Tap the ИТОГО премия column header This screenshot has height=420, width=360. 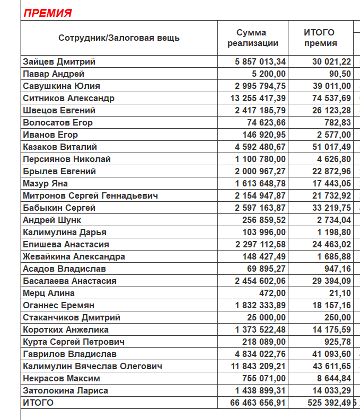(x=320, y=38)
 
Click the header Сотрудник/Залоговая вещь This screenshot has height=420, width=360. (x=119, y=38)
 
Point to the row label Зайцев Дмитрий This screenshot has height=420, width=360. (x=59, y=62)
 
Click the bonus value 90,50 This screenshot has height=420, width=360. (x=339, y=74)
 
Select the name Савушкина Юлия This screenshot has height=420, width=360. (x=62, y=86)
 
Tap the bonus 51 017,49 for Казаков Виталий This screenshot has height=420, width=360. (x=331, y=147)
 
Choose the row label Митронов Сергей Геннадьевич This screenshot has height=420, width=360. (x=90, y=196)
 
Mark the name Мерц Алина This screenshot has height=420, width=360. (x=49, y=293)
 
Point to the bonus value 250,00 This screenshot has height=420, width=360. (x=337, y=318)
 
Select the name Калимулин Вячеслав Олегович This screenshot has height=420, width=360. (x=92, y=367)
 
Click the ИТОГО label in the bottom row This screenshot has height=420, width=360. (x=38, y=403)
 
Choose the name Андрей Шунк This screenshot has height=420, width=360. (x=52, y=220)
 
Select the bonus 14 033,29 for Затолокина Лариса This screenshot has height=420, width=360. (x=331, y=391)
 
